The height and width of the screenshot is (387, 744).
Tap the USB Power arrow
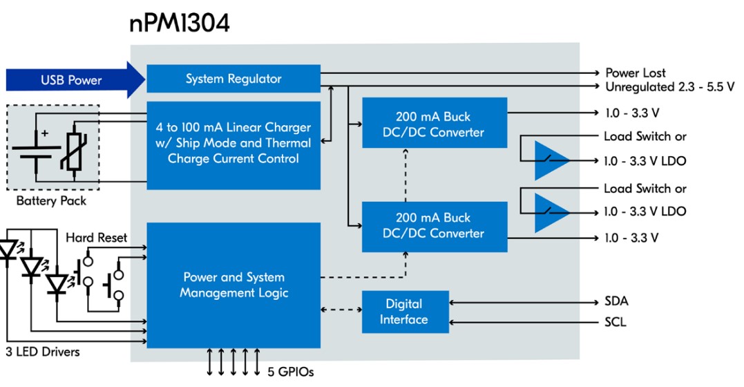coord(73,79)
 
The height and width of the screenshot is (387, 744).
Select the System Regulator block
coord(233,79)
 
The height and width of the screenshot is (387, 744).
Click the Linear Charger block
coord(233,144)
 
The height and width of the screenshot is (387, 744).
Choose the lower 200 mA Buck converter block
coord(434,226)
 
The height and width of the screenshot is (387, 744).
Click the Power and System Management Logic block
coord(233,285)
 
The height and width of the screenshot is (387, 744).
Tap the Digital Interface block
coord(404,312)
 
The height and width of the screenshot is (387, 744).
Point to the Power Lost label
coord(636,73)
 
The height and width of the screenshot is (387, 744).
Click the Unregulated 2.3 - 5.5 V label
coord(669,87)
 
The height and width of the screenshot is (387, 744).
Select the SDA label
coord(616,302)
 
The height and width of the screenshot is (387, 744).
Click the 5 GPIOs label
coord(290,372)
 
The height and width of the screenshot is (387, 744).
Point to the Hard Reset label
coord(96,238)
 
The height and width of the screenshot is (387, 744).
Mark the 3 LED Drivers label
coord(43,352)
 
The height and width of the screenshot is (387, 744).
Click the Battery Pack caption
coord(51,201)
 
